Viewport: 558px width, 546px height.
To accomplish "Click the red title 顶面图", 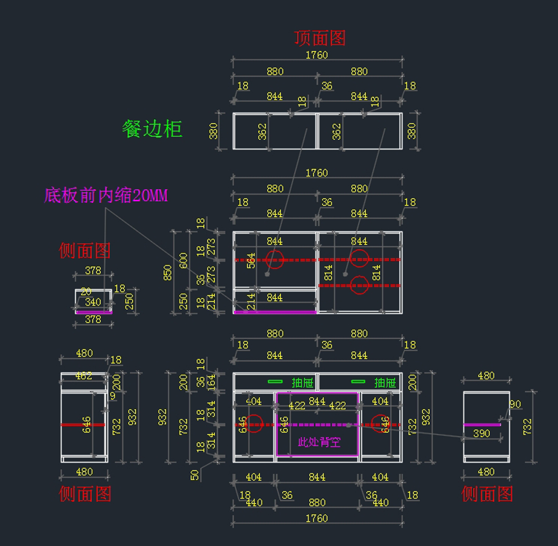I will [319, 38].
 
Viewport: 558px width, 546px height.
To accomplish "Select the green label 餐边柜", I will [152, 129].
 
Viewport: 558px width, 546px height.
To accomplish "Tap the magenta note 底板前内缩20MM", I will [106, 195].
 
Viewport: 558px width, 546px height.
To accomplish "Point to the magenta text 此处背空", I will [319, 442].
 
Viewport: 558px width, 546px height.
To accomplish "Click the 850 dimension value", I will [167, 273].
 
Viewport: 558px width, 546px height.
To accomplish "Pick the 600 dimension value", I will [183, 260].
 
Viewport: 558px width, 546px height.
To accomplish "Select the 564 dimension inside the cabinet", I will [251, 260].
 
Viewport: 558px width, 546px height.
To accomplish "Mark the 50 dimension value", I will [194, 475].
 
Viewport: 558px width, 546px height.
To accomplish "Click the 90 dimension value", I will [515, 404].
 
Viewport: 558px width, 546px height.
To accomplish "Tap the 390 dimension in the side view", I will [482, 433].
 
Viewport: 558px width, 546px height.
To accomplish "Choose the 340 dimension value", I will [93, 302].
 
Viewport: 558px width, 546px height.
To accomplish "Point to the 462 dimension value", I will [84, 376].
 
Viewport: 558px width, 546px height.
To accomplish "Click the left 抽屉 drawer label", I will [302, 383].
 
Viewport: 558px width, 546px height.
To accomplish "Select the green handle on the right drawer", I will [358, 382].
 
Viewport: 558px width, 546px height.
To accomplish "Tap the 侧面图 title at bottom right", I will [487, 494].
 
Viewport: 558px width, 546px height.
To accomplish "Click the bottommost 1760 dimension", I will [317, 518].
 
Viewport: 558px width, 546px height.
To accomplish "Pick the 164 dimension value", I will [212, 382].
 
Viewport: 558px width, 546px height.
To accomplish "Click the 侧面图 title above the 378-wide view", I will [85, 251].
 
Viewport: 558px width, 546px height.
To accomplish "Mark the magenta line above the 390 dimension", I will [482, 425].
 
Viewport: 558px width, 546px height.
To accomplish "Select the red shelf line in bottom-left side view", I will [83, 425].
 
